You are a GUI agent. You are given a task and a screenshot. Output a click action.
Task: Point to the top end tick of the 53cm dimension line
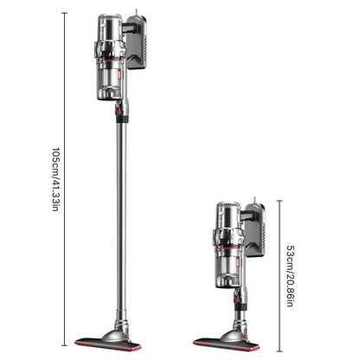pyautogui.click(x=280, y=200)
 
